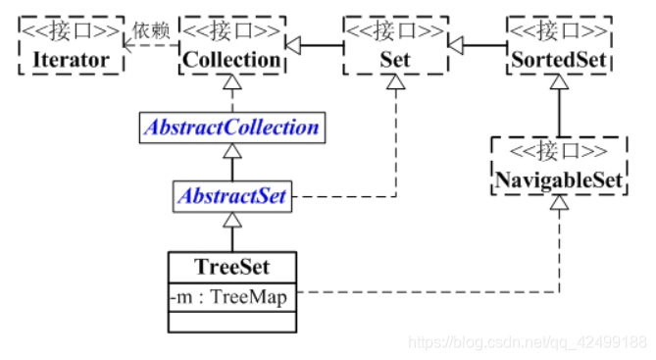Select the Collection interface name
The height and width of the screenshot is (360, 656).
pos(231,60)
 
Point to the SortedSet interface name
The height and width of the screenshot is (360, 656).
pos(559,60)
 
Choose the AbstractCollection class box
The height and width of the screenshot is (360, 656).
pos(231,128)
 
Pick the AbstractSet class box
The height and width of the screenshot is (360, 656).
pos(231,196)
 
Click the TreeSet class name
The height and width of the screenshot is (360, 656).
pos(231,266)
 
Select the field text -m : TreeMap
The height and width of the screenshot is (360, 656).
pos(231,295)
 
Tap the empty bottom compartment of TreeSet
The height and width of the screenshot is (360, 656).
pos(231,321)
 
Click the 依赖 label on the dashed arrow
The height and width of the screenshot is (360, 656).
pos(151,30)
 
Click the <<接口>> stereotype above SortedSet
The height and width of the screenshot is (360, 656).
pos(559,30)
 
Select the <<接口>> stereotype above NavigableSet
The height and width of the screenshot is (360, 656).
pos(559,150)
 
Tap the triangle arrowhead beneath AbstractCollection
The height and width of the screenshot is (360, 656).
pos(231,151)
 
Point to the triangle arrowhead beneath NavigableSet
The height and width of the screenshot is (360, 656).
pos(559,203)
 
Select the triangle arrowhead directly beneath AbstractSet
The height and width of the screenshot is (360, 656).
pos(231,220)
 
